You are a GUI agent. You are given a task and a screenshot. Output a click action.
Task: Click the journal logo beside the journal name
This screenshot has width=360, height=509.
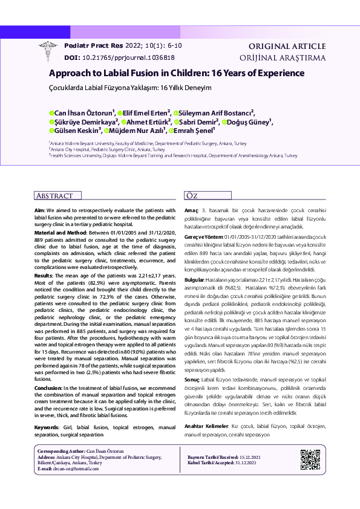[x=48, y=51]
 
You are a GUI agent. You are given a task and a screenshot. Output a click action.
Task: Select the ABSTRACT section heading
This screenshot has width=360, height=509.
[x=55, y=196]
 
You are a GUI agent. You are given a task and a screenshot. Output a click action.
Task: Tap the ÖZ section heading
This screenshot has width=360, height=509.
[x=191, y=196]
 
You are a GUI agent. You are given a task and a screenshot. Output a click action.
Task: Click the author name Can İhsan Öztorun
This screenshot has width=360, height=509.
[x=83, y=112]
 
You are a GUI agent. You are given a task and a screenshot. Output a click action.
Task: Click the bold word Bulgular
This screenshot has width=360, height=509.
[x=194, y=281]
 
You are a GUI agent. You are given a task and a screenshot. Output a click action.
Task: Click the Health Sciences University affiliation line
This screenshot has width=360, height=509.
[x=174, y=155]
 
